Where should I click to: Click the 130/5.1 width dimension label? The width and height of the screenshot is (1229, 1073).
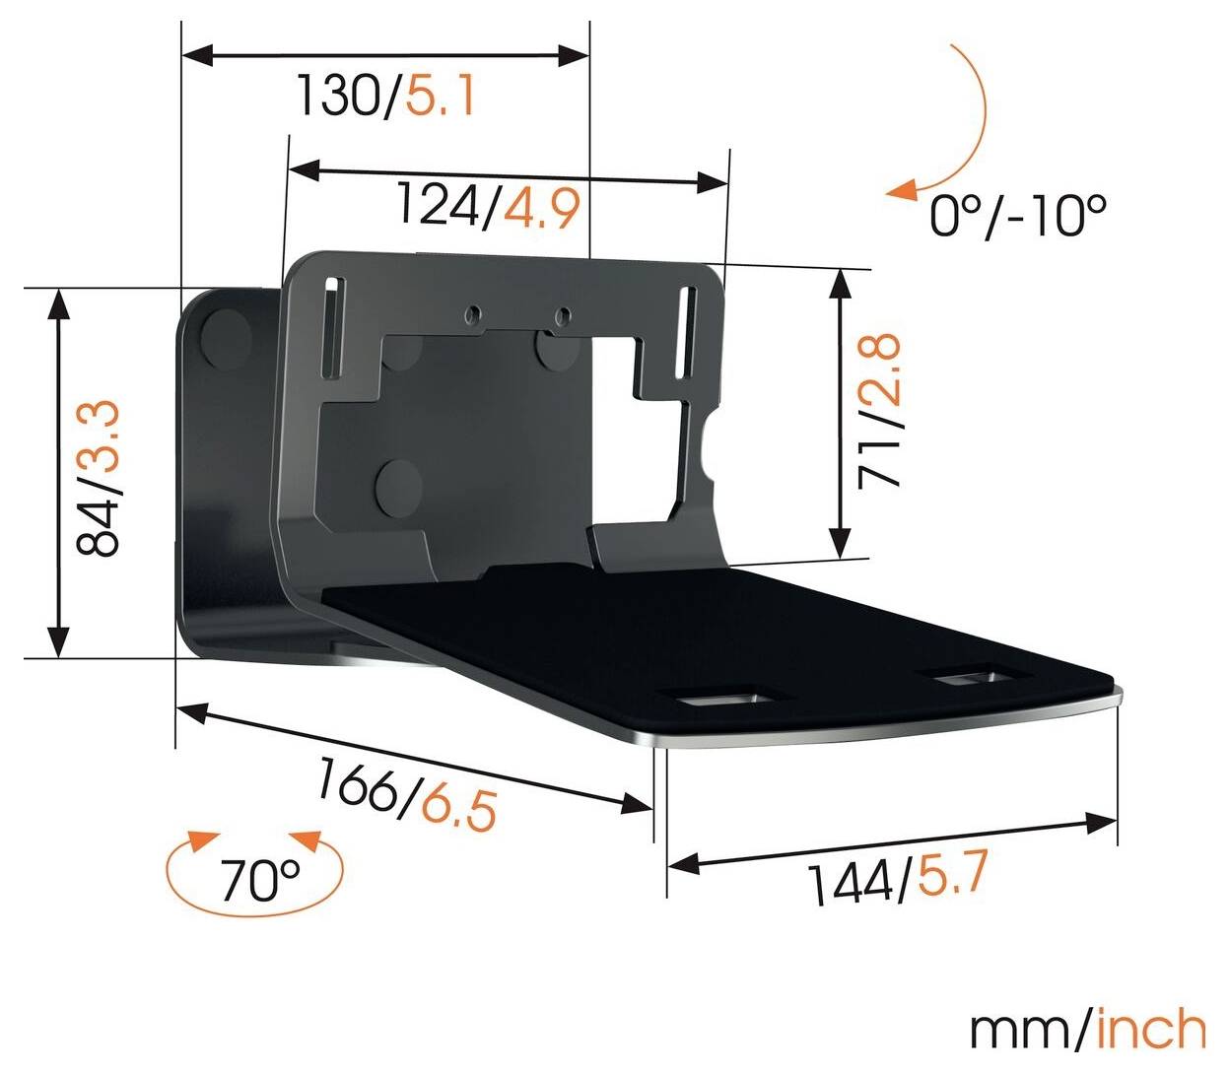tap(386, 97)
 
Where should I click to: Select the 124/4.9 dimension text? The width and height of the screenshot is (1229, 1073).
tap(487, 206)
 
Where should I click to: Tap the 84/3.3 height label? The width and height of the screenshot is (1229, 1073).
tap(99, 477)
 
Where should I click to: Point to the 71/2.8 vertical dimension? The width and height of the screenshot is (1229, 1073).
tap(879, 410)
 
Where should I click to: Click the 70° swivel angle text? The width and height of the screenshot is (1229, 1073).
tap(259, 879)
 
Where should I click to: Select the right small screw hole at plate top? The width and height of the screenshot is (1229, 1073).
tap(562, 315)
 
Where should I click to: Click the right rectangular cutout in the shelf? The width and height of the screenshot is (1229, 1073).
tap(974, 678)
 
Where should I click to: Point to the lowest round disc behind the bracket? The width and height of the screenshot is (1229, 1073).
tap(398, 484)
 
